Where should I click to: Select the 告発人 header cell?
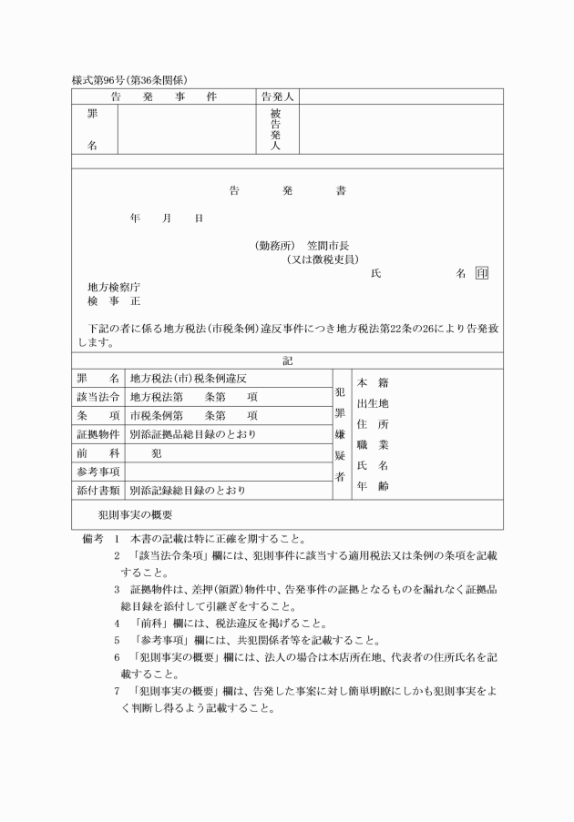pyautogui.click(x=277, y=96)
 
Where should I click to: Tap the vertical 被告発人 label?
pyautogui.click(x=276, y=129)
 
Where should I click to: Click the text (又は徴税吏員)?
pyautogui.click(x=322, y=259)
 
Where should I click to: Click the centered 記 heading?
pyautogui.click(x=287, y=360)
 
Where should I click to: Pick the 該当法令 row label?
pyautogui.click(x=97, y=396)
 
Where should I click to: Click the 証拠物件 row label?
pyautogui.click(x=97, y=434)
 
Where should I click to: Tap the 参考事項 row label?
pyautogui.click(x=97, y=472)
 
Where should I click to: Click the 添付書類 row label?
pyautogui.click(x=97, y=491)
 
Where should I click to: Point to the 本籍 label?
pyautogui.click(x=372, y=382)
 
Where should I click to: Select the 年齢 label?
pyautogui.click(x=372, y=486)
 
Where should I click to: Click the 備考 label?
pyautogui.click(x=93, y=537)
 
